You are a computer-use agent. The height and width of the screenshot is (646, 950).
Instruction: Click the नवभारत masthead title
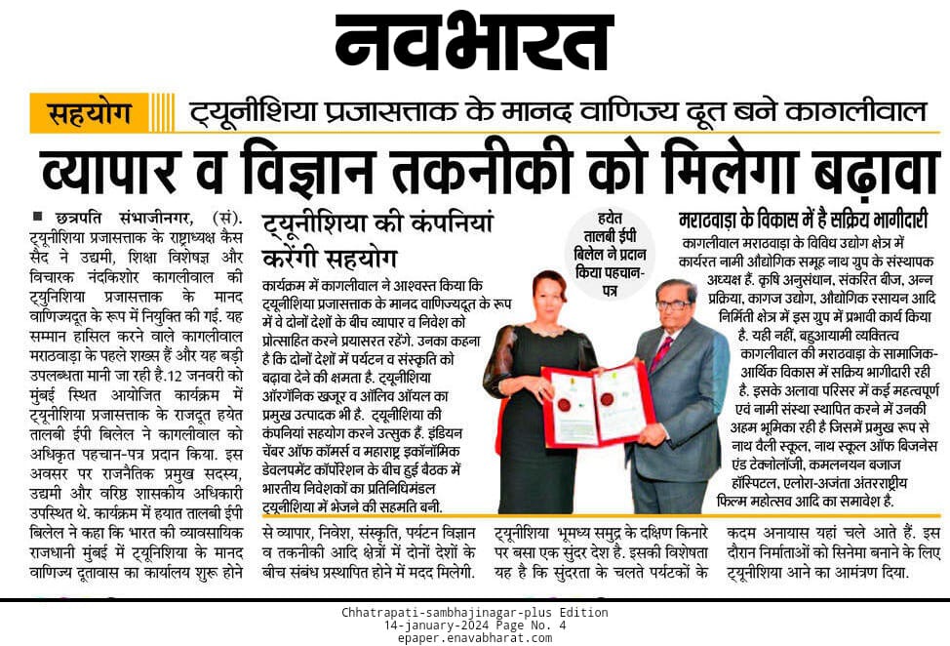[474, 43]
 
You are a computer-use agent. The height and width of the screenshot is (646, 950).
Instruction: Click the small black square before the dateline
[36, 216]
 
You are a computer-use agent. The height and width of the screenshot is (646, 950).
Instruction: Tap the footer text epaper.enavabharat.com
[474, 638]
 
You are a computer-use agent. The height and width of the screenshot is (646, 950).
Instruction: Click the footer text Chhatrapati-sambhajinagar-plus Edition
[474, 613]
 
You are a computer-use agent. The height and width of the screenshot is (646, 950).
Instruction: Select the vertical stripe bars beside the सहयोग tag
[163, 113]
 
